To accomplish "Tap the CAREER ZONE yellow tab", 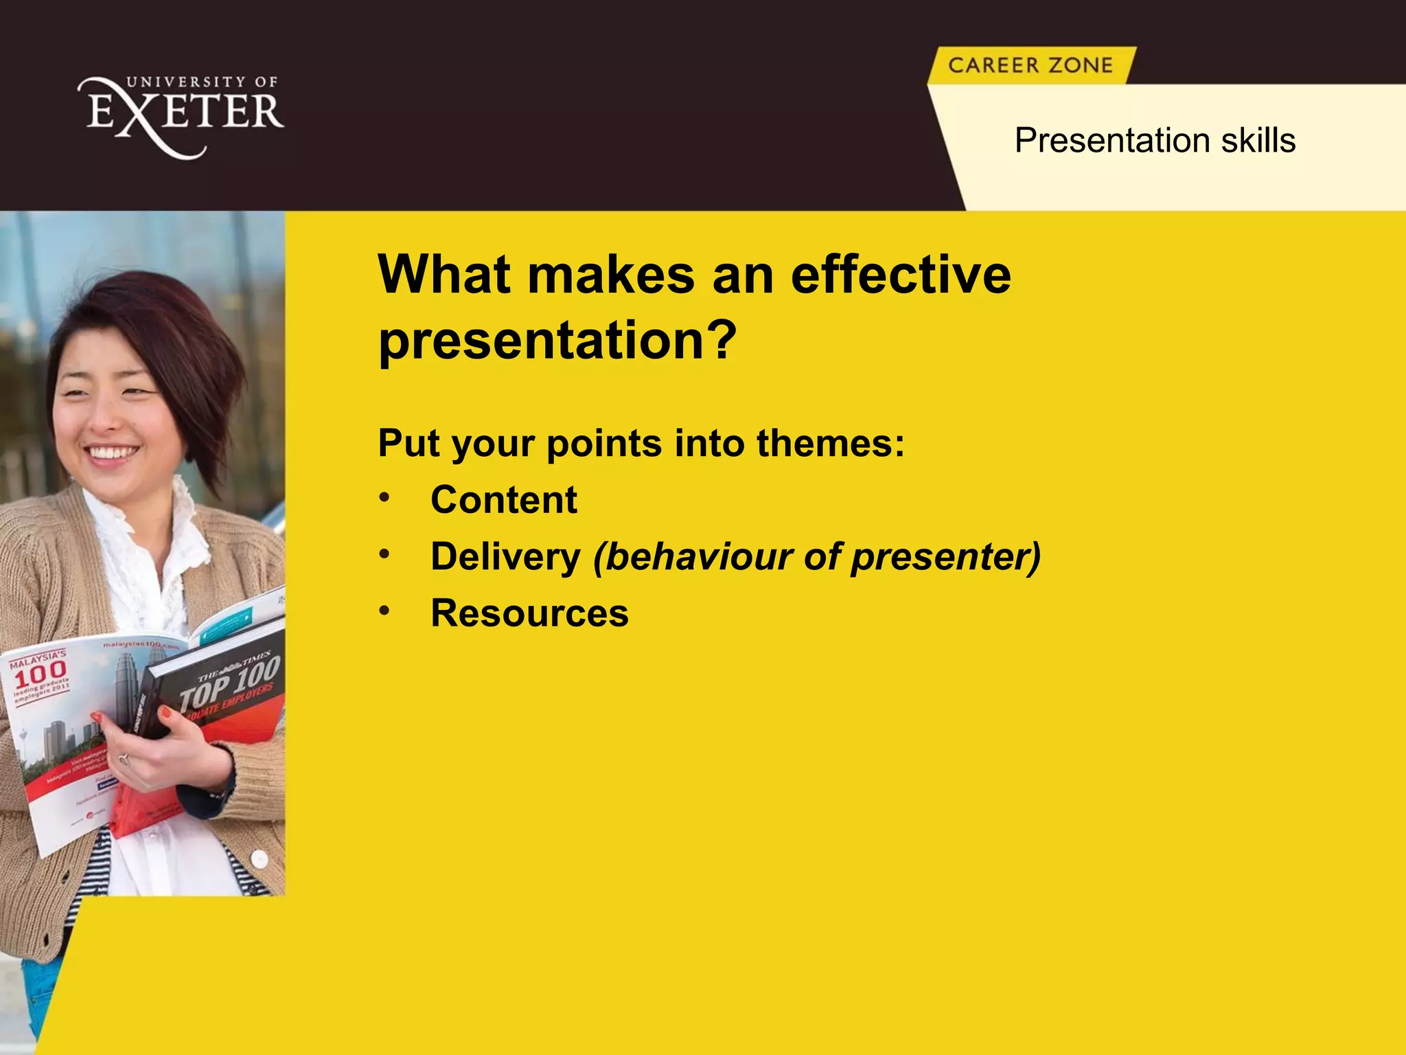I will (x=1030, y=65).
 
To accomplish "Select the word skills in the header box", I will (x=1258, y=141).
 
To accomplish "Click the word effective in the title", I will (x=901, y=275).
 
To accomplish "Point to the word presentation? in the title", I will (x=557, y=340).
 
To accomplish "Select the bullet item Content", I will (x=503, y=499).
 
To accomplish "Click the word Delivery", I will (x=505, y=556).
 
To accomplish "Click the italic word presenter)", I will (x=946, y=556).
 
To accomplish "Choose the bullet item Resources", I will (x=529, y=613).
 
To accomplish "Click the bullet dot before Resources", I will (x=384, y=610).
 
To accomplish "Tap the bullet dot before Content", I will (x=384, y=497).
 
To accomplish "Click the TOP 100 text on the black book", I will (x=230, y=683).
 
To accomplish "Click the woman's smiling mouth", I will (x=111, y=453).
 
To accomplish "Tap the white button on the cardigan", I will (x=260, y=859).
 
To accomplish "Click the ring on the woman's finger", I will (x=124, y=759).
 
